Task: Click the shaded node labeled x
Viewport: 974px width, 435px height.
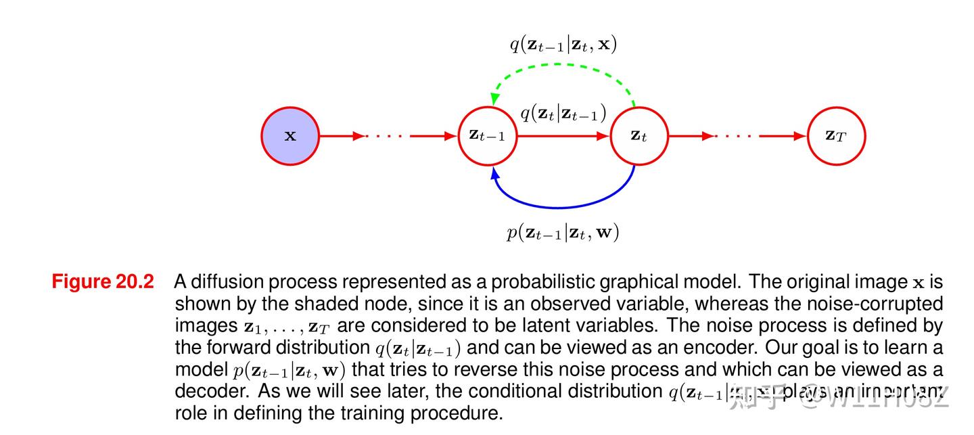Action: click(290, 136)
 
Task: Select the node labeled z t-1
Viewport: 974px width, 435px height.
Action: click(487, 136)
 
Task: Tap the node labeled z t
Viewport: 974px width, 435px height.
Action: click(639, 136)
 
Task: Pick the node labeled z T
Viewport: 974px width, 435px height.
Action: click(836, 136)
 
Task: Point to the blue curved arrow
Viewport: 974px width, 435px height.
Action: click(561, 206)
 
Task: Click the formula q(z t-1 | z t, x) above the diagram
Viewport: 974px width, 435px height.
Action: click(563, 45)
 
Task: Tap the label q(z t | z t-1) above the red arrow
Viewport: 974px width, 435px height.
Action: click(563, 113)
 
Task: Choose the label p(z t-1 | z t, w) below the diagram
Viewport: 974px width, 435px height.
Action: click(563, 233)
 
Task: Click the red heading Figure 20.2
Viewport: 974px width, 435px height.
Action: click(103, 281)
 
